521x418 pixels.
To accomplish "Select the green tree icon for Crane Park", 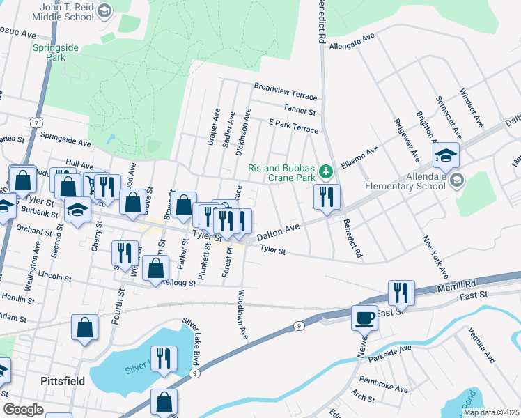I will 325,171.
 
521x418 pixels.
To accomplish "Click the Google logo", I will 23,409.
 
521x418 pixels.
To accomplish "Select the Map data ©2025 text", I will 490,412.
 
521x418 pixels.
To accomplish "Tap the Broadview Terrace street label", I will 285,91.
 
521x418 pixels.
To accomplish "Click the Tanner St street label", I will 300,110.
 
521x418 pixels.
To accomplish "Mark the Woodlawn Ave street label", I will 243,314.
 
